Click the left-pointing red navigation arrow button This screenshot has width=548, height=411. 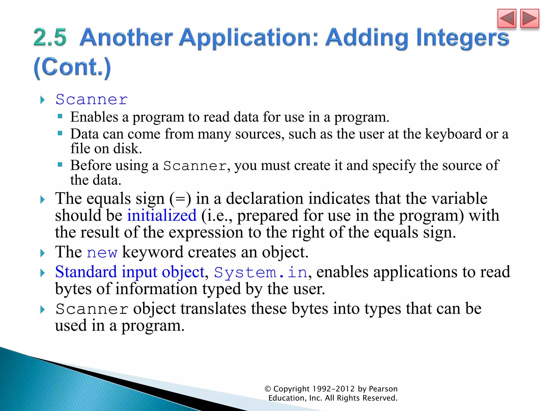click(507, 18)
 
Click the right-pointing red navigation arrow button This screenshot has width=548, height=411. click(529, 18)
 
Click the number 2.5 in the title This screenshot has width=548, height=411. click(50, 37)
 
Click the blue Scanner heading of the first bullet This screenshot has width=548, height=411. click(92, 100)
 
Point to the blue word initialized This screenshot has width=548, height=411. click(162, 216)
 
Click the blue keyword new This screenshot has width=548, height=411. click(102, 253)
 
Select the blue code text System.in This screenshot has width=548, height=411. click(261, 273)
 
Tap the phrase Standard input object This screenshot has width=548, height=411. click(130, 272)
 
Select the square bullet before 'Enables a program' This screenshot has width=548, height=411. click(60, 116)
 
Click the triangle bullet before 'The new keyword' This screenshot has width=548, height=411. click(42, 253)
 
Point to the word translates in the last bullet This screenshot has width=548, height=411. click(213, 309)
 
